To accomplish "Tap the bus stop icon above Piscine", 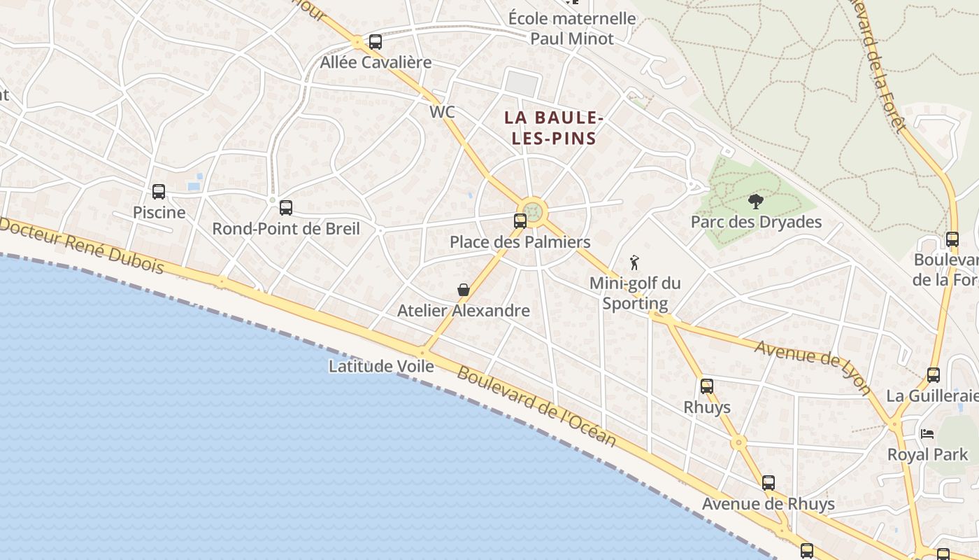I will tap(159, 192).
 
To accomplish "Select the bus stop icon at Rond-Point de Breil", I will tap(285, 208).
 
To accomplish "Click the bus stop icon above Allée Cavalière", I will tap(376, 42).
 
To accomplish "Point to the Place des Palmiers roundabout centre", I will tap(534, 211).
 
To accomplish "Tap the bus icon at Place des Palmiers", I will tap(520, 221).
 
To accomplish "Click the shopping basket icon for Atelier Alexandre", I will tap(463, 290).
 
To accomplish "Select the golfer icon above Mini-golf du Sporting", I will tap(634, 262).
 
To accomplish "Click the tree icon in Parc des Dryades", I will tap(755, 202).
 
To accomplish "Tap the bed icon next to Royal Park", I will tap(927, 434).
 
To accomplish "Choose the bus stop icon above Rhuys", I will tap(707, 386).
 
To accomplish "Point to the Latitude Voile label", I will tap(381, 366).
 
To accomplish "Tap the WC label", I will tap(442, 112).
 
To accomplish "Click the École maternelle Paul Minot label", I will tap(571, 29).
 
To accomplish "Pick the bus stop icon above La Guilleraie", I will tap(933, 375).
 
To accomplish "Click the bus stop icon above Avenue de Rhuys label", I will tap(769, 483).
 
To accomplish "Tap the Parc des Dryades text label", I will tap(756, 223).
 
